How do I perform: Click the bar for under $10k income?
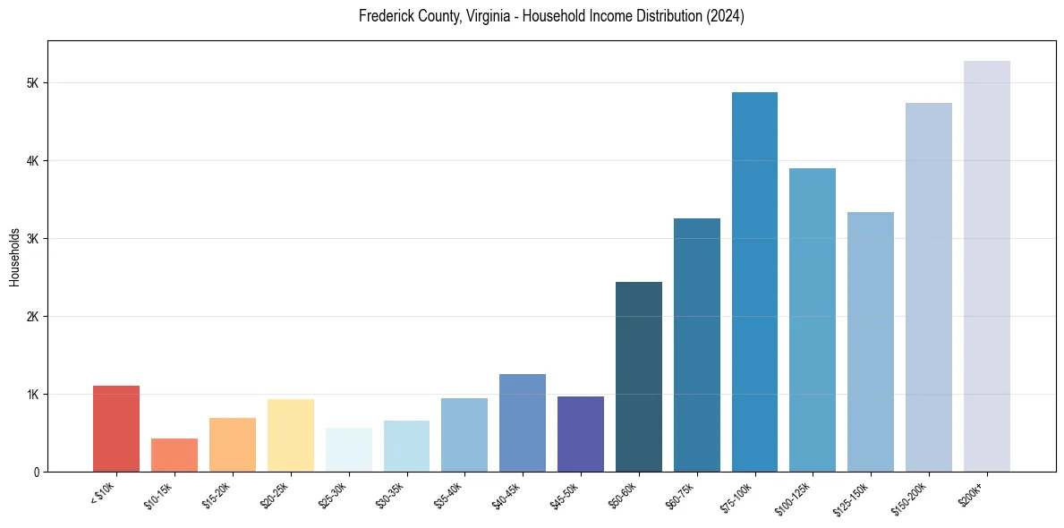[116, 429]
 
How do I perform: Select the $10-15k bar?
[174, 455]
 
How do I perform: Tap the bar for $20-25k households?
[290, 435]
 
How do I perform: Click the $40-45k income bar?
[523, 422]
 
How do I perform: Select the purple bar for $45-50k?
[581, 434]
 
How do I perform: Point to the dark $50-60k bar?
[639, 377]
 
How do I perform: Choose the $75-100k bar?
[754, 282]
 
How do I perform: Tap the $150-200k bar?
[929, 287]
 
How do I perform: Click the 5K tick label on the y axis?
[32, 83]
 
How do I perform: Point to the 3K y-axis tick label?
[32, 239]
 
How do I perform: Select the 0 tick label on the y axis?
[36, 472]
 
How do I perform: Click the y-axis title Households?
[14, 257]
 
